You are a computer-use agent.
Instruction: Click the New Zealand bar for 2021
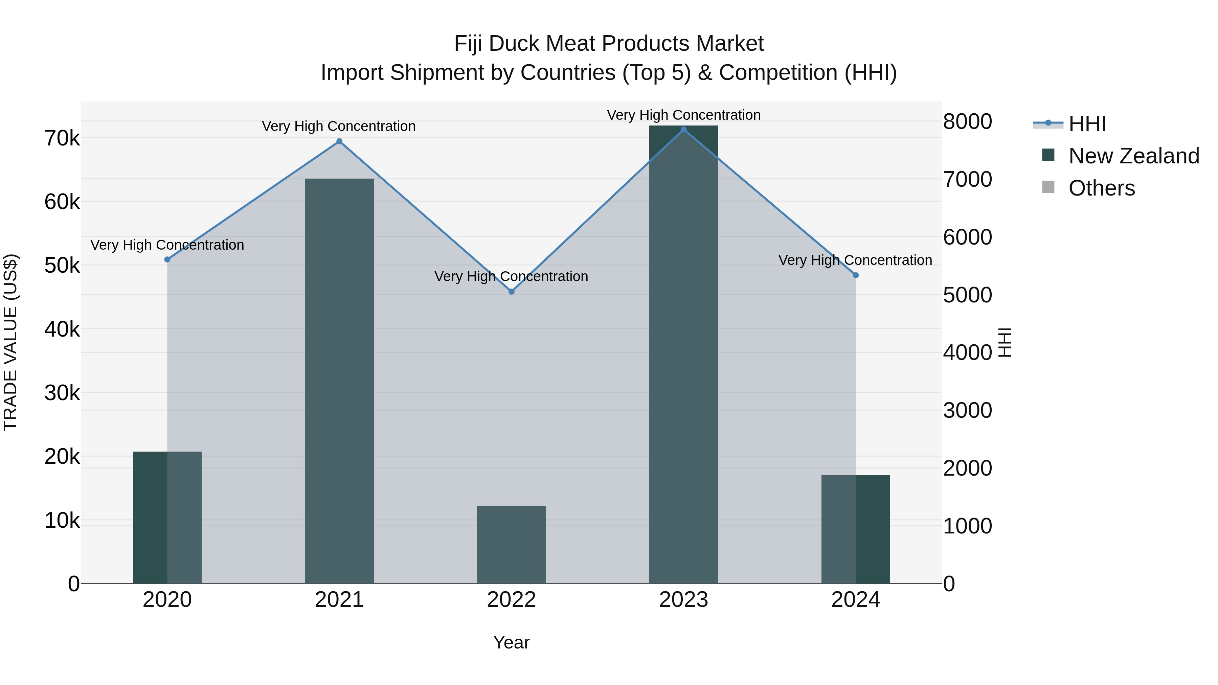339,381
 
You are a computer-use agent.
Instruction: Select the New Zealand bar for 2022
511,544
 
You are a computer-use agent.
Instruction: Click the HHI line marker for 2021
339,141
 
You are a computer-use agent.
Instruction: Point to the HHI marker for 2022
511,292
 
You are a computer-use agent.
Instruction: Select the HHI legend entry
1086,124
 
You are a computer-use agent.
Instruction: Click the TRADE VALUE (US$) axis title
10,342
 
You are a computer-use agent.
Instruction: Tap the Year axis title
511,642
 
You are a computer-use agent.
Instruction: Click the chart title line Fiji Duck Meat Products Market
609,44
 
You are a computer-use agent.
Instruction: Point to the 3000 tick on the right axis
967,410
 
